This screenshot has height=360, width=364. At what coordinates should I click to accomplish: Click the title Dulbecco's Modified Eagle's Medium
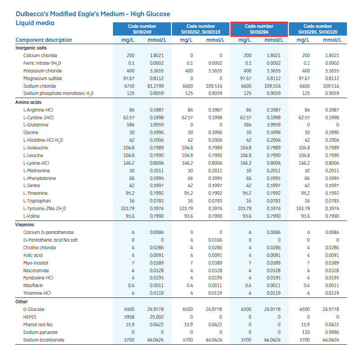click(x=93, y=14)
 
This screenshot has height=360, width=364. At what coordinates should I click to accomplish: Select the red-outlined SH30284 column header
click(x=259, y=29)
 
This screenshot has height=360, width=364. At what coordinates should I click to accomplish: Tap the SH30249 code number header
click(x=142, y=29)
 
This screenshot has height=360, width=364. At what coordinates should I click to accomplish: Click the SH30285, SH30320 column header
click(x=318, y=29)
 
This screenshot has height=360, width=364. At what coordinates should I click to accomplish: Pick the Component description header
click(x=42, y=40)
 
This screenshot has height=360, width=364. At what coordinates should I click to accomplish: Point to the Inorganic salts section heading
click(x=31, y=48)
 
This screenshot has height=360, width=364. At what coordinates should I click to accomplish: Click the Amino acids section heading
click(x=29, y=102)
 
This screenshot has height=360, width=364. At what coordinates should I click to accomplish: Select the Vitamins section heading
click(x=25, y=225)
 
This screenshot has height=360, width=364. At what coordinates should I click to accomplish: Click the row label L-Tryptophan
click(x=37, y=201)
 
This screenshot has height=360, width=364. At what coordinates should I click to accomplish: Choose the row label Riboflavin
click(x=34, y=286)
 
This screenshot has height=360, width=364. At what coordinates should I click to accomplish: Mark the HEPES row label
click(x=31, y=317)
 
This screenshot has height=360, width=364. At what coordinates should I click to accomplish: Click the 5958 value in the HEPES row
click(x=129, y=317)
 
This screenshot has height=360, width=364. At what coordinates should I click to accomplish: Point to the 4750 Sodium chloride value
click(x=129, y=86)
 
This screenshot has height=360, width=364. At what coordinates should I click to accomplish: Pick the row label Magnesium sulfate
click(x=43, y=78)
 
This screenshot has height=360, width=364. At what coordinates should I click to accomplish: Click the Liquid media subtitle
click(x=35, y=23)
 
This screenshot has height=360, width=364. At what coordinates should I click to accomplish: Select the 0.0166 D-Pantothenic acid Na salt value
click(x=215, y=240)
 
